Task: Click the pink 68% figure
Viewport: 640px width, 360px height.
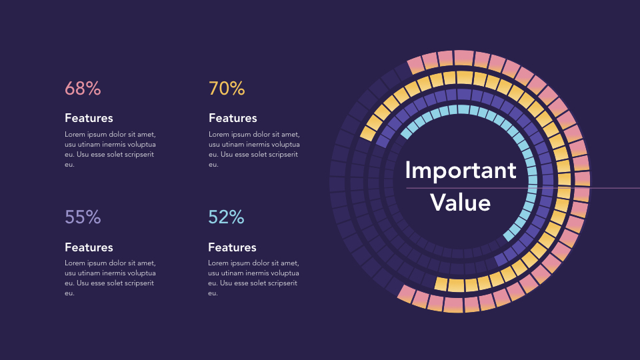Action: point(83,89)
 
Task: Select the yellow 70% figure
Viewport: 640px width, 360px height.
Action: point(227,89)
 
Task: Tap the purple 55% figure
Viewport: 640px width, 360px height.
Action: point(83,217)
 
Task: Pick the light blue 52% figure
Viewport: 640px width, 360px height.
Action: point(226,217)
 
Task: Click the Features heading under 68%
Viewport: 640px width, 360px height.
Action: point(89,118)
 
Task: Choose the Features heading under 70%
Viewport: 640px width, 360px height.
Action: point(233,118)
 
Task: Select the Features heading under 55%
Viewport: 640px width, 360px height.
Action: point(89,247)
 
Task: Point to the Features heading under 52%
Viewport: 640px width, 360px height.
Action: point(232,247)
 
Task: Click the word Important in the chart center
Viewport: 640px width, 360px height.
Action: point(460,171)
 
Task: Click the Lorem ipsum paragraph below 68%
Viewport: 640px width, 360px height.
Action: point(110,149)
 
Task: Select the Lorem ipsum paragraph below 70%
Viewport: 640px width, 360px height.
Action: point(254,149)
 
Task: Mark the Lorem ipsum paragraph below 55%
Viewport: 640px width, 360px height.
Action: point(110,278)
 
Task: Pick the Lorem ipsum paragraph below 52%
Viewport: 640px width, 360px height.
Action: point(254,278)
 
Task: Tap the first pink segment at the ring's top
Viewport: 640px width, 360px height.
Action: point(415,64)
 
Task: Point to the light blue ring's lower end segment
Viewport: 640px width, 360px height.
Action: point(510,235)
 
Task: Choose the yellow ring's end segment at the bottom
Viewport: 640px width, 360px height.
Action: point(441,283)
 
